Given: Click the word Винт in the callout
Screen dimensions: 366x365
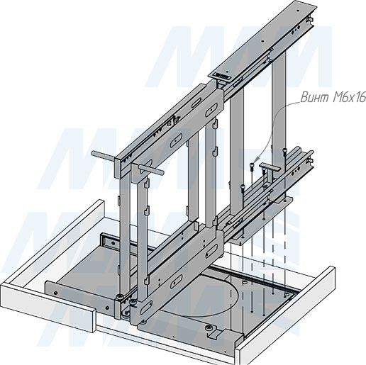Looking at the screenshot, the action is point(315,97).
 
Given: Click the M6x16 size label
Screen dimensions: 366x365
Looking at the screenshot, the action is point(349,97).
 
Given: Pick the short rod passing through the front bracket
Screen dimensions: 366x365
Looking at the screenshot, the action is point(150,170).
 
